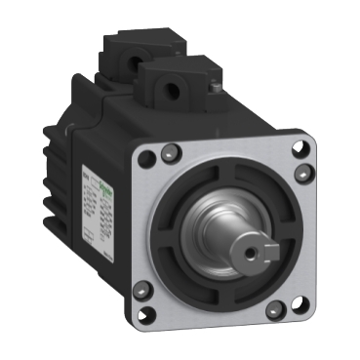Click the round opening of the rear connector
(x=127, y=45)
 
